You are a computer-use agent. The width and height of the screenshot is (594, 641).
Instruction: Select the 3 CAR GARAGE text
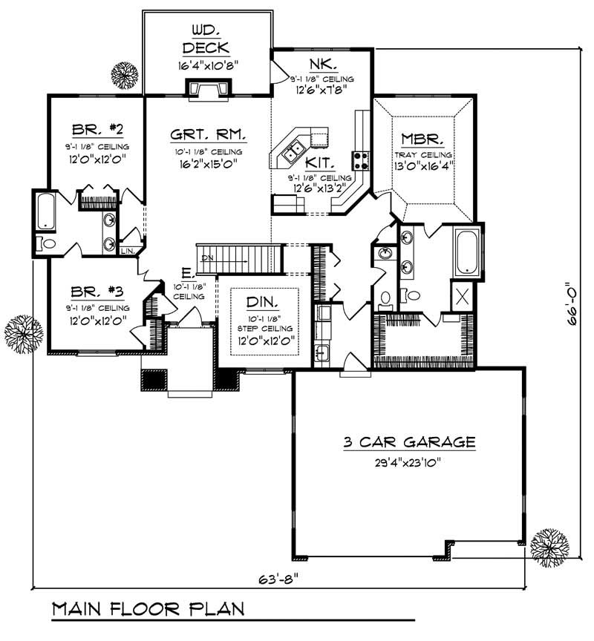point(409,443)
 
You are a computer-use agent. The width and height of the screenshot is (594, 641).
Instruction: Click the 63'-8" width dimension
point(283,578)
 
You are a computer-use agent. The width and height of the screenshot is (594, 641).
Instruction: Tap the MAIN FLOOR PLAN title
point(148,610)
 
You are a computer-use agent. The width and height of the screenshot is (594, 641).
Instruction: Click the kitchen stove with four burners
point(361,160)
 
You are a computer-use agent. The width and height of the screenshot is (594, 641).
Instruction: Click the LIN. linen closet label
point(126,251)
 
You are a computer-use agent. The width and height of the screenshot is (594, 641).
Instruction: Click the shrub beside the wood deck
point(123,73)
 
